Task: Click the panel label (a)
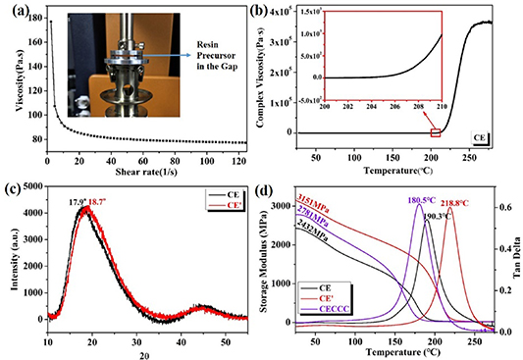coord(12,9)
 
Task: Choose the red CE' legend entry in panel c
coord(228,208)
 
